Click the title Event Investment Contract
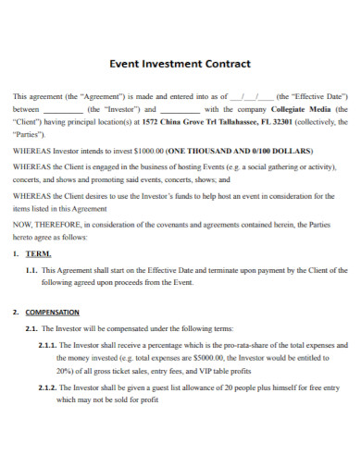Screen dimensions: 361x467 [180, 65]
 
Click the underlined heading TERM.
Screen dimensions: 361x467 [40, 252]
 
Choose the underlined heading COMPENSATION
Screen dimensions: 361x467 [53, 312]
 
